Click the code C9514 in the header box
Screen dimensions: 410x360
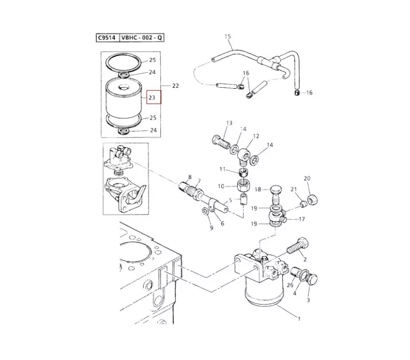point(107,37)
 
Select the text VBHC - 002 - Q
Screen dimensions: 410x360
point(142,37)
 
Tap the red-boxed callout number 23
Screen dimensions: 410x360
point(152,97)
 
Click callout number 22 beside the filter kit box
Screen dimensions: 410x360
point(175,86)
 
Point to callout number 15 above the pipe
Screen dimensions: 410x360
point(228,36)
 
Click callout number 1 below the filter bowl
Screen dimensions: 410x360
point(299,318)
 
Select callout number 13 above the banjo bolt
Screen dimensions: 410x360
point(229,123)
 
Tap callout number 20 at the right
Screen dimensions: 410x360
point(307,178)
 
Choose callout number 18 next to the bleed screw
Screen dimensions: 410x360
point(258,189)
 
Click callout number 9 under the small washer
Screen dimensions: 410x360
point(212,228)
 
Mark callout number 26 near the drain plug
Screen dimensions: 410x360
point(290,285)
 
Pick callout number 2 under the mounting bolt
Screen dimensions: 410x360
point(304,259)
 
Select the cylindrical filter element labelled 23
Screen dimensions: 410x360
point(123,98)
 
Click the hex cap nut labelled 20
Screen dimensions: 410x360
point(312,200)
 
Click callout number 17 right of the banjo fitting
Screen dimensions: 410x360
point(302,219)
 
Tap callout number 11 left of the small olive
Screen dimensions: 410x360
point(222,169)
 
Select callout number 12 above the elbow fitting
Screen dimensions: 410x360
point(256,136)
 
